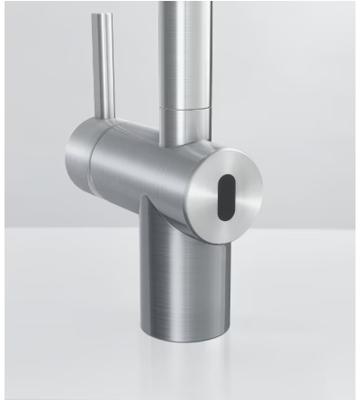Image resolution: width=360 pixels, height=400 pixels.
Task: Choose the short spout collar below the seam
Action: (x=186, y=126)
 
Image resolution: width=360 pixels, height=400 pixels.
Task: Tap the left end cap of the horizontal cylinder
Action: (x=79, y=162)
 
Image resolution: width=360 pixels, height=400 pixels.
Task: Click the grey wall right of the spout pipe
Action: (x=279, y=72)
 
